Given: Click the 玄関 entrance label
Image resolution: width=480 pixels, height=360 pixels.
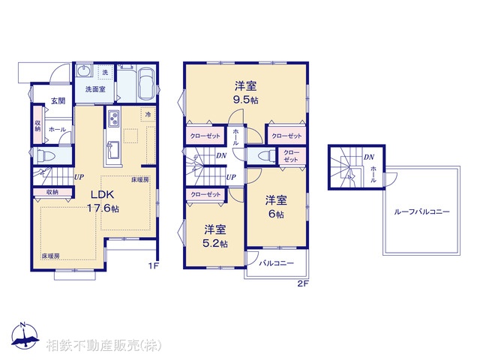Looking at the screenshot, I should (58, 101).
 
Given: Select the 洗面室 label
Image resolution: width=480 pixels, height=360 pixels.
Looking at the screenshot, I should (94, 89).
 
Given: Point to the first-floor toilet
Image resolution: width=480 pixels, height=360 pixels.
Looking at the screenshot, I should (46, 155).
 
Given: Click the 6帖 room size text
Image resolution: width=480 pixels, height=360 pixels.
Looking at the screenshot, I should (277, 214).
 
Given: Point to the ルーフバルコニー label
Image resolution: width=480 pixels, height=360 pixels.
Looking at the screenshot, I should (421, 212).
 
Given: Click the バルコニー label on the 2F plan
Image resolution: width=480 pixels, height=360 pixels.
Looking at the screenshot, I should (275, 264).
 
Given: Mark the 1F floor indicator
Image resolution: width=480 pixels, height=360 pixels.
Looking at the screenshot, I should (153, 264).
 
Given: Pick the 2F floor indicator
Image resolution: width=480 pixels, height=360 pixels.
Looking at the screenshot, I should (302, 283).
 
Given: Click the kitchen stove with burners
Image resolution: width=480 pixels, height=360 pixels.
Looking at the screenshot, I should (115, 119).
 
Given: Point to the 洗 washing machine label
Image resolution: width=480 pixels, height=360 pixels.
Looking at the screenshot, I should (106, 71).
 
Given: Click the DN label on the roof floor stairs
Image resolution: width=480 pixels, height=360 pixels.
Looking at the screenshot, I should (369, 157).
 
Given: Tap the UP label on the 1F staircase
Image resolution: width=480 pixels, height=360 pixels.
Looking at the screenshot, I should (79, 177).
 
